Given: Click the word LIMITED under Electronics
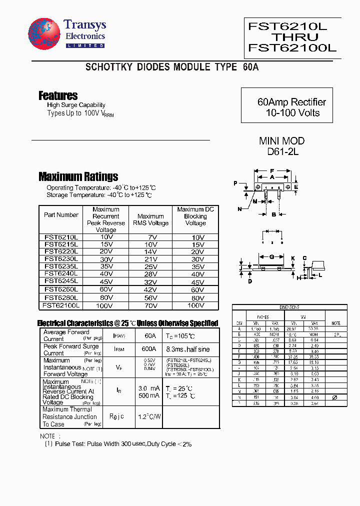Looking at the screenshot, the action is coord(84,45).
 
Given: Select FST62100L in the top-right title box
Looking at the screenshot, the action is coord(292,48).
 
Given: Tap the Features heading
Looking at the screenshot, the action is coord(58,95).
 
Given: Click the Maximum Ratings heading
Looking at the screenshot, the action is coord(78,176).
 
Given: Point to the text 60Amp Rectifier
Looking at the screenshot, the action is coord(291,102).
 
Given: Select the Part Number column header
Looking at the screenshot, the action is coord(61,215).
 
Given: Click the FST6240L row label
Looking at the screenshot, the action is coord(60,273).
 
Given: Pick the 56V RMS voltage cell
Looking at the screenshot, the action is coord(150,297).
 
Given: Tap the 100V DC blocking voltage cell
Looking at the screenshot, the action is coord(195,305).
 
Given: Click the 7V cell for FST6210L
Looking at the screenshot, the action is coord(150,237).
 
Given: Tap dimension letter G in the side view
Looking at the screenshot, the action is coord(271,257).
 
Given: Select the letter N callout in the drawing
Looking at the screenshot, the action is coord(239,208).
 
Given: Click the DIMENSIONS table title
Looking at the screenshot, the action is coord(289,307).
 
